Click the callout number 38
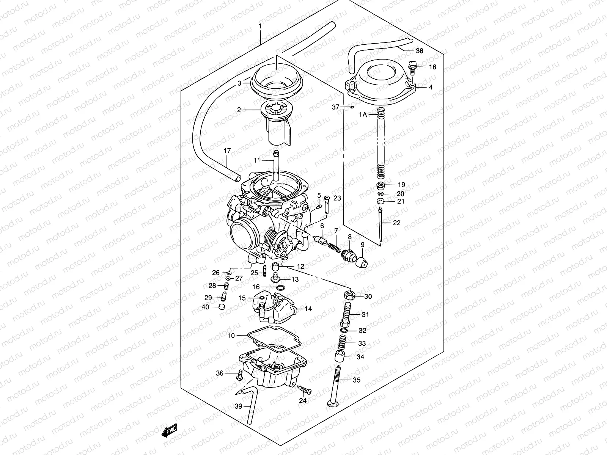pos(419,51)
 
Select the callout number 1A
pos(363,114)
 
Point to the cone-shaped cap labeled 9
pos(362,261)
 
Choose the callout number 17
pos(227,151)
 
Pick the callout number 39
pos(238,407)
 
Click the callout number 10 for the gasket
pos(231,335)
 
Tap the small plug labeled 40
pos(222,306)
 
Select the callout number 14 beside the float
pos(308,309)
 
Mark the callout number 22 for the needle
pos(396,223)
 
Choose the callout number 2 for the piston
pos(239,110)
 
